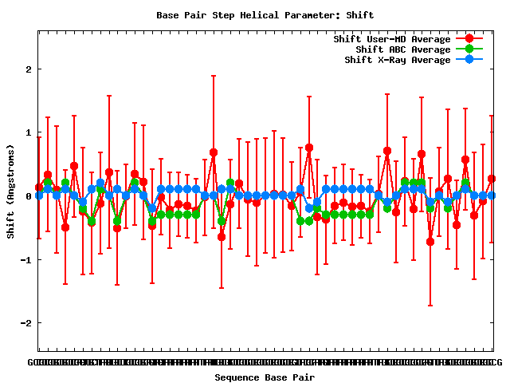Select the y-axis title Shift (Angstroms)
click(x=10, y=191)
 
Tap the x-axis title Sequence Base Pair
click(x=265, y=377)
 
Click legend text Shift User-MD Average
click(x=393, y=39)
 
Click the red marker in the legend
click(x=469, y=39)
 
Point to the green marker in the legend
click(x=469, y=49)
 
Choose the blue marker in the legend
click(x=469, y=60)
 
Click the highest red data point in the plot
click(x=309, y=148)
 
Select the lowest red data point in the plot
click(x=431, y=242)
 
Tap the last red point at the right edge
click(x=492, y=179)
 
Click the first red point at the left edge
click(x=38, y=188)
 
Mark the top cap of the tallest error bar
click(x=214, y=76)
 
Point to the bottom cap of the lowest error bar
click(x=431, y=306)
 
